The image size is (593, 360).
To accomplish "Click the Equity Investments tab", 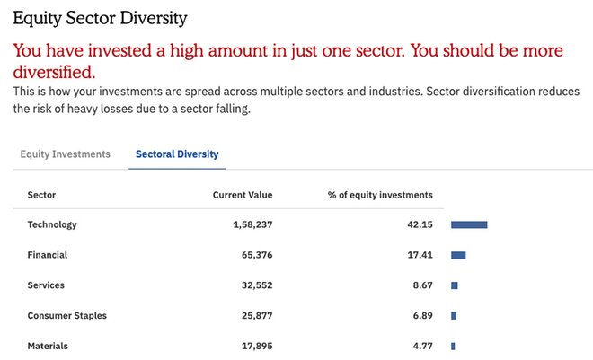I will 65,154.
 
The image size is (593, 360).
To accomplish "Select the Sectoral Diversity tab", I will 177,154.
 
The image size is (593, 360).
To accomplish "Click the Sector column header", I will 41,195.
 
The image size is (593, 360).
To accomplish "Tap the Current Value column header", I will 242,195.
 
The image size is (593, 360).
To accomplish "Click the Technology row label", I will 52,224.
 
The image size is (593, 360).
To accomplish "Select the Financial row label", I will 48,255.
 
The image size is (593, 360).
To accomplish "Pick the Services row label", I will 46,285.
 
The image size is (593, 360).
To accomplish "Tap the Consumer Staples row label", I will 68,316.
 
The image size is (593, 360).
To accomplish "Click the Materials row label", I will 48,346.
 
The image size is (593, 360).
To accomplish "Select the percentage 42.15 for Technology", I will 420,224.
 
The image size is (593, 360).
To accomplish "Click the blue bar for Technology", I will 469,224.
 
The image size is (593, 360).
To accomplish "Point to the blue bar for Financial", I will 458,255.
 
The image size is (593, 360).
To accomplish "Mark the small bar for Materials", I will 453,346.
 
